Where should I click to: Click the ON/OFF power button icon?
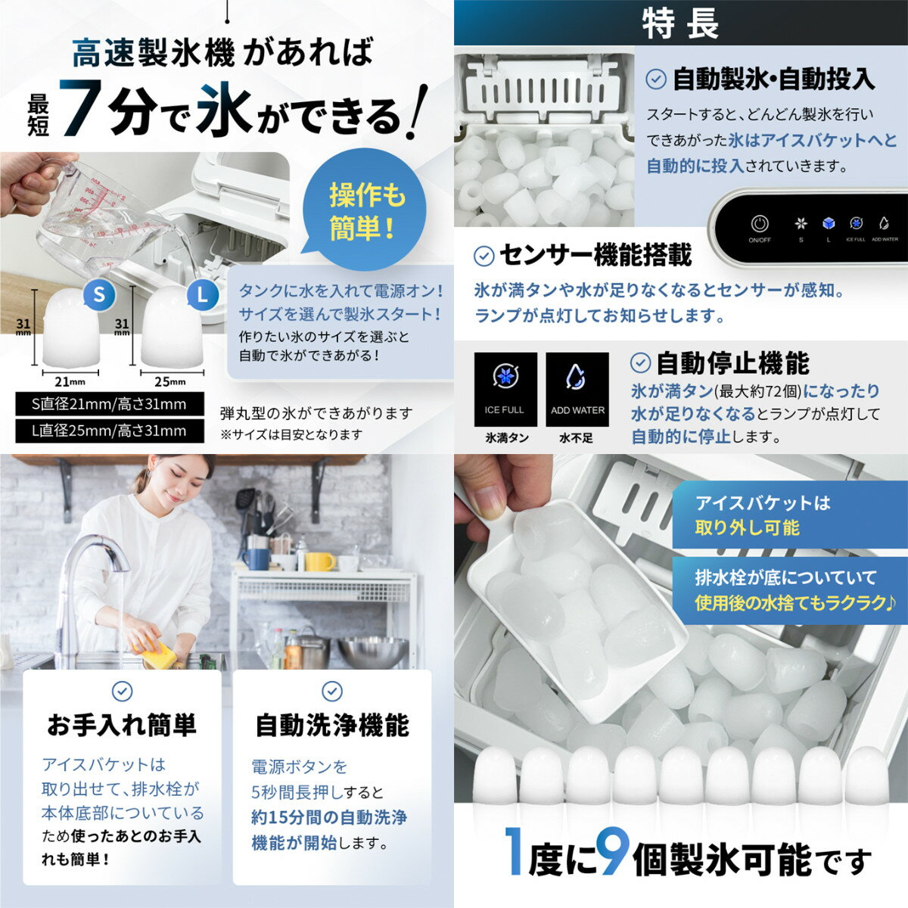tap(759, 224)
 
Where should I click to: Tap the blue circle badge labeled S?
tap(99, 294)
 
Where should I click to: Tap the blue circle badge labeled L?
tap(203, 295)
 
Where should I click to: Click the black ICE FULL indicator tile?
tap(505, 389)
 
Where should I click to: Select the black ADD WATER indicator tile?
tap(577, 389)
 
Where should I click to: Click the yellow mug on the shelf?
tap(320, 561)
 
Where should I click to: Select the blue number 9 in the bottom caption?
tap(611, 850)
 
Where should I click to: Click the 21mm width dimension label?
tap(70, 381)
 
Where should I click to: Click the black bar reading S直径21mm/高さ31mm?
tap(110, 404)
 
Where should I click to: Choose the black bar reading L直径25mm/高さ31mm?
tap(110, 431)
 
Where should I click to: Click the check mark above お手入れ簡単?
tap(122, 692)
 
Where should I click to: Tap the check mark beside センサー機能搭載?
tap(484, 257)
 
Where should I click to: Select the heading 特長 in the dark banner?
tap(680, 23)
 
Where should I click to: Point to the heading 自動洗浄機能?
tap(331, 726)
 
